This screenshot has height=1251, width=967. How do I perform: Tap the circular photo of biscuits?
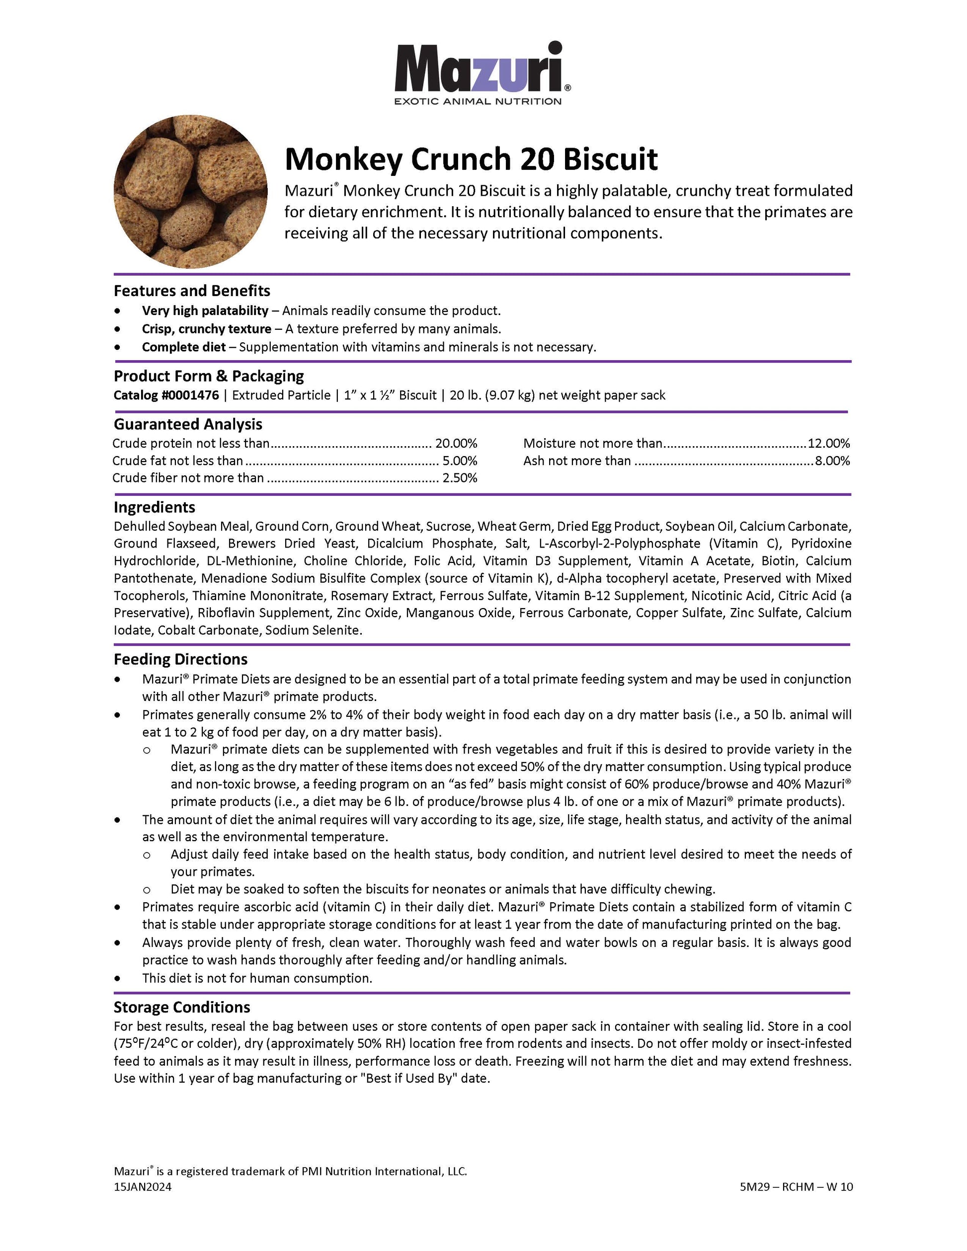click(190, 191)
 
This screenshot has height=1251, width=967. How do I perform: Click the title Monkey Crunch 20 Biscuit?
click(471, 159)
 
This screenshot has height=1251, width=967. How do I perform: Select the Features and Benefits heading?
click(192, 291)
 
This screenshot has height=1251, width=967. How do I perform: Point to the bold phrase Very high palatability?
click(205, 311)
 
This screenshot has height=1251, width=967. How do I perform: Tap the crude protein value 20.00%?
click(456, 443)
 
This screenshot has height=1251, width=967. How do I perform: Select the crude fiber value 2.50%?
click(460, 478)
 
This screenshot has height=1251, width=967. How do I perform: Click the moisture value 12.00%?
click(828, 443)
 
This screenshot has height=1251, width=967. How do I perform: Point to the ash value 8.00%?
click(832, 461)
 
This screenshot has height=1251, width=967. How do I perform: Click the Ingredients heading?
click(154, 507)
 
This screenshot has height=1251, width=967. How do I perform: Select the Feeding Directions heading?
click(180, 659)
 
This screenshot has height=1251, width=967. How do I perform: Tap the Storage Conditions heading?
click(181, 1008)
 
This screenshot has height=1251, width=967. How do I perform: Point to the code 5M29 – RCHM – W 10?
click(796, 1187)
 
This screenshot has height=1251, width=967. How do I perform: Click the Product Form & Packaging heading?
click(209, 376)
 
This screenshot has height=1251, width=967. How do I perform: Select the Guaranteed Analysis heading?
click(188, 424)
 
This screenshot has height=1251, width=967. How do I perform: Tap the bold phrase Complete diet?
click(184, 347)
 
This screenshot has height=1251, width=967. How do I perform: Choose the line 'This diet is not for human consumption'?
click(257, 978)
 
